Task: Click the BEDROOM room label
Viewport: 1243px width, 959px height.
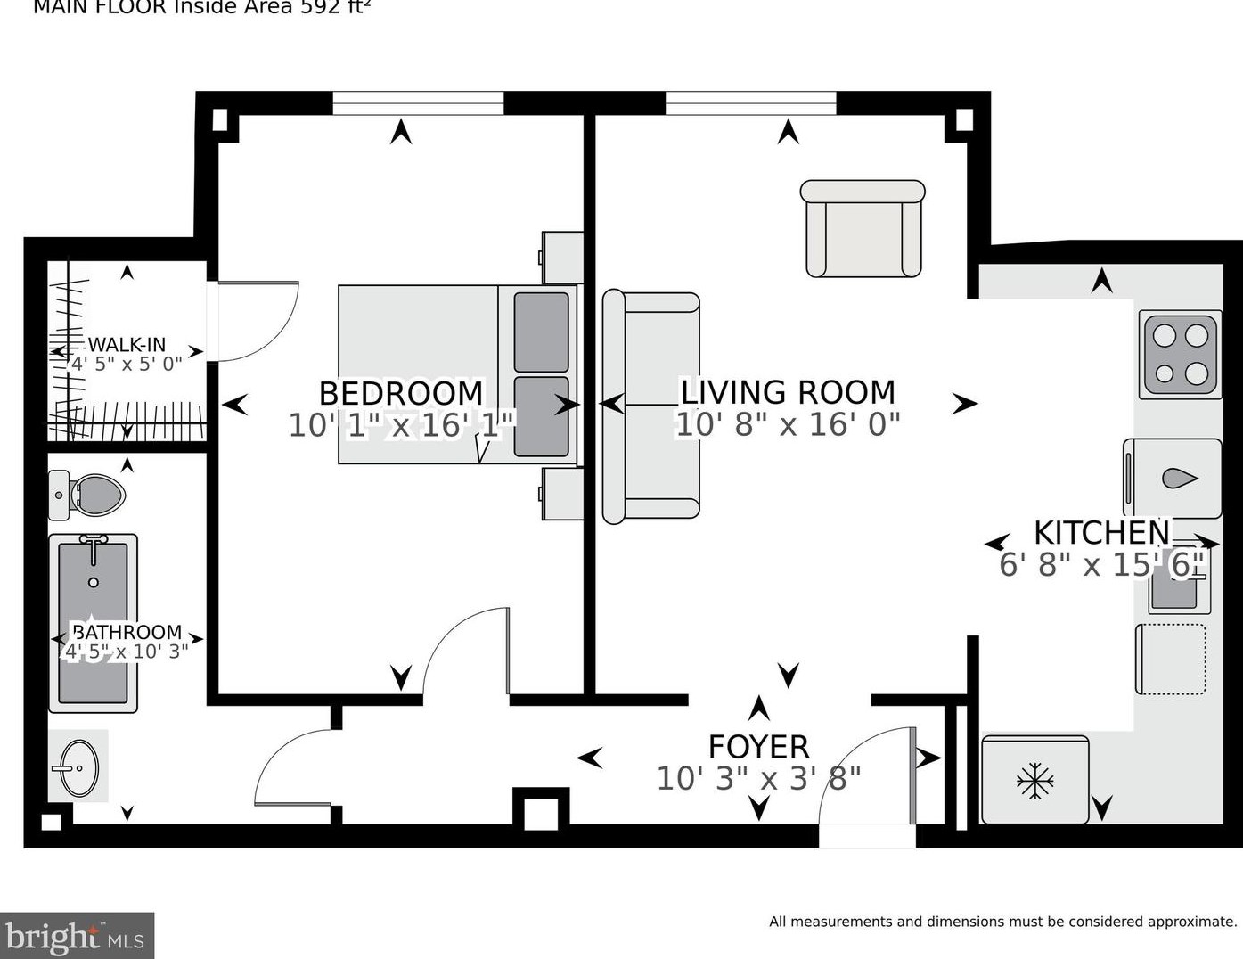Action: click(x=401, y=393)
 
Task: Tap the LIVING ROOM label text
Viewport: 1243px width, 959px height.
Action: click(x=788, y=392)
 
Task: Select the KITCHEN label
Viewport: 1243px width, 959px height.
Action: click(x=1101, y=532)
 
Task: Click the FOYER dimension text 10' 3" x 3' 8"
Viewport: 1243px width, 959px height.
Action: click(x=759, y=778)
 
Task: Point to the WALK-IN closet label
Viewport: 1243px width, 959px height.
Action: click(x=127, y=345)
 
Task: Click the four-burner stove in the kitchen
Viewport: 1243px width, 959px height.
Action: click(x=1180, y=355)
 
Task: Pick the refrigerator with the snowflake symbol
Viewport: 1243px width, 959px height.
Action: click(x=1034, y=780)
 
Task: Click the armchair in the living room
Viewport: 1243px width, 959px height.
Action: click(x=863, y=229)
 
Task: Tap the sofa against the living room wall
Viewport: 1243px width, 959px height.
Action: click(x=650, y=406)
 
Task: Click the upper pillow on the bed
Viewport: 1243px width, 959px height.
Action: click(x=541, y=332)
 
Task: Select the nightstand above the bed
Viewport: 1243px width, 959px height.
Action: click(x=562, y=258)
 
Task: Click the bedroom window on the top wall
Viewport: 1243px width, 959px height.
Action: click(x=418, y=103)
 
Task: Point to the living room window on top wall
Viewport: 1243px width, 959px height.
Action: click(x=751, y=103)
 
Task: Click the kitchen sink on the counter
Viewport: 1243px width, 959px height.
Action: click(x=1178, y=590)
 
